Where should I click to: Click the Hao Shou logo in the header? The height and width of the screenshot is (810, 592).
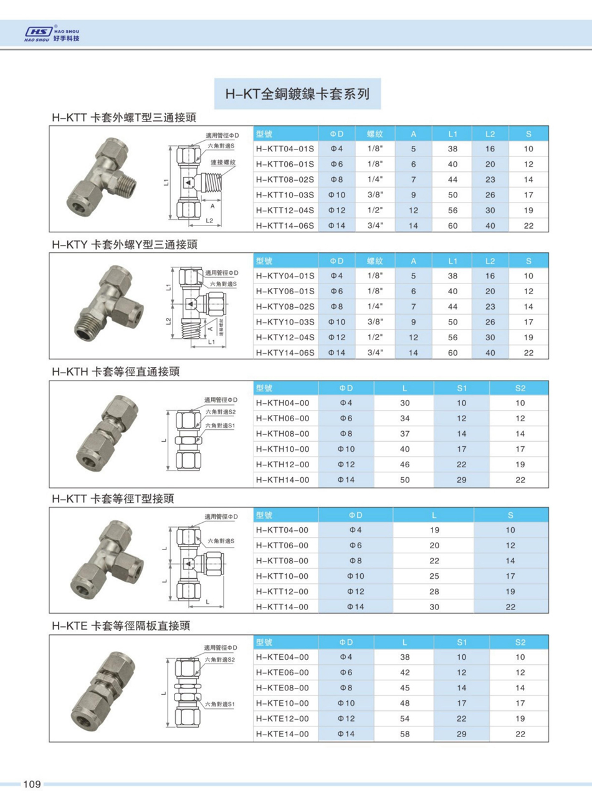[x=52, y=34]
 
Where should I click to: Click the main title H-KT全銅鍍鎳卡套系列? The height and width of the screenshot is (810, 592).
[x=297, y=94]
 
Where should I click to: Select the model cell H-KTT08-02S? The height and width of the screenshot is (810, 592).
[x=285, y=179]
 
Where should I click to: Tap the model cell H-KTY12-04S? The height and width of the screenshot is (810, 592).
[x=285, y=337]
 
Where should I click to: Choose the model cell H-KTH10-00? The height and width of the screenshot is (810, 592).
[x=282, y=449]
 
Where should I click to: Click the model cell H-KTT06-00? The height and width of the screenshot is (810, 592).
[x=282, y=545]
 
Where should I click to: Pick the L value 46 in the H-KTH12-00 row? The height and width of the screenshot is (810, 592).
[x=404, y=464]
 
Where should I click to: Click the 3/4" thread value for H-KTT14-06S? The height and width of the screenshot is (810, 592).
[x=375, y=226]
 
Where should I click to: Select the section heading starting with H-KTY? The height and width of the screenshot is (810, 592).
[x=125, y=245]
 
